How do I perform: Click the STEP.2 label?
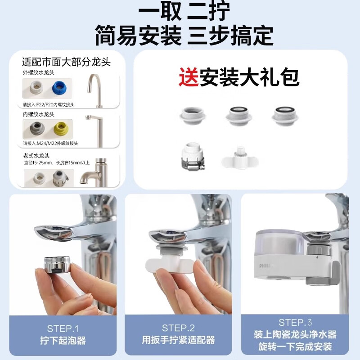(x=178, y=328)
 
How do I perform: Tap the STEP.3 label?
(x=295, y=323)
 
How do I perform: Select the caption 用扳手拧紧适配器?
(x=178, y=340)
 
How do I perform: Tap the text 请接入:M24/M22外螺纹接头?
(x=50, y=144)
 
